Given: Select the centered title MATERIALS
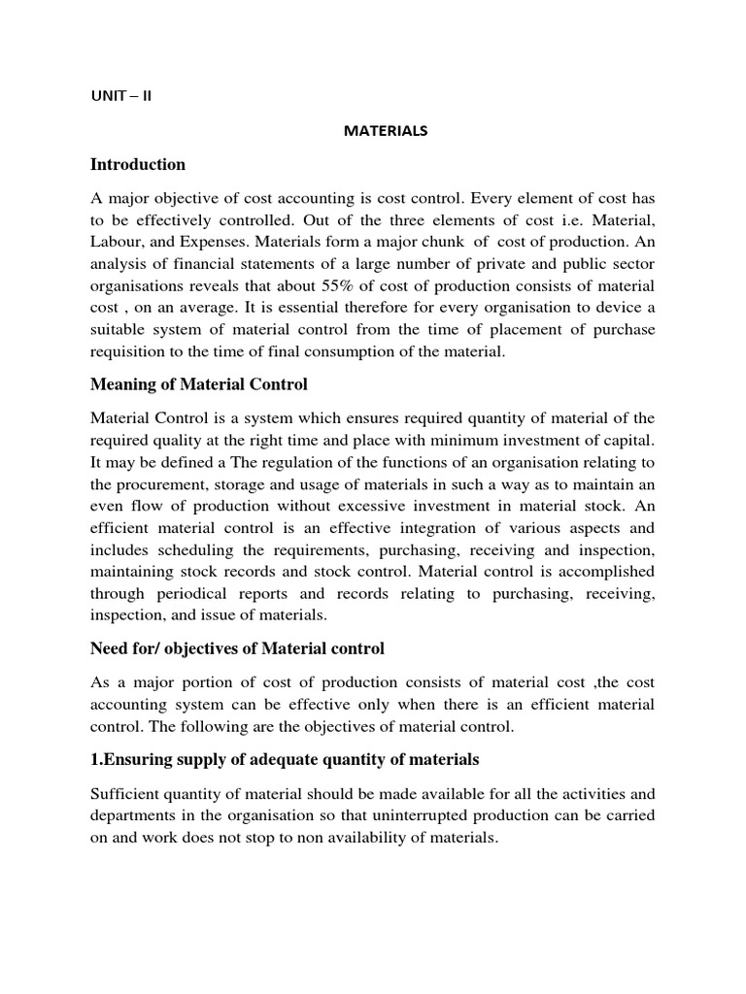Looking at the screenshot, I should (386, 131).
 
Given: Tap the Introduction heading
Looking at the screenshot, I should (138, 164).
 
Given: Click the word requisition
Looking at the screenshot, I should (127, 351).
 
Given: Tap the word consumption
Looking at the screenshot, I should (366, 351).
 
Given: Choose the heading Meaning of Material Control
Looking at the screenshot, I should (199, 384).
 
